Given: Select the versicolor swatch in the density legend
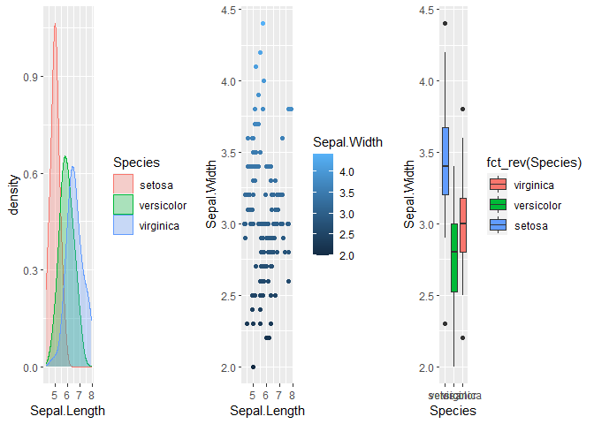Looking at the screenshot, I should tap(124, 206).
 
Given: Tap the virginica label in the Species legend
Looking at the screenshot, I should tap(159, 226).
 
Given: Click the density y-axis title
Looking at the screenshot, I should tap(14, 195).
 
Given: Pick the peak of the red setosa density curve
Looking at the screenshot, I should tap(54, 25).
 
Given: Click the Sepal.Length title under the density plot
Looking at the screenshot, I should tap(67, 411).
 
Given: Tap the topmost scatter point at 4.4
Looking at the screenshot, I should tap(263, 24).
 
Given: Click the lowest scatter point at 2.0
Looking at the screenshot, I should tap(253, 367).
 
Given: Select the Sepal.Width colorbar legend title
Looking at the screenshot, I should tap(346, 140).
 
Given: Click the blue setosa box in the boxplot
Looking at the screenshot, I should tap(445, 161).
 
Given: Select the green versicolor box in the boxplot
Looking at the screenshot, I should tap(453, 257).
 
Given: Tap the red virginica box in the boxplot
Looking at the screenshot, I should tap(462, 225).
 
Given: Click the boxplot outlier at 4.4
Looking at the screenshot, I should tap(445, 24).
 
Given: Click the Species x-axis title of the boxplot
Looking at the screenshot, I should tap(453, 411).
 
